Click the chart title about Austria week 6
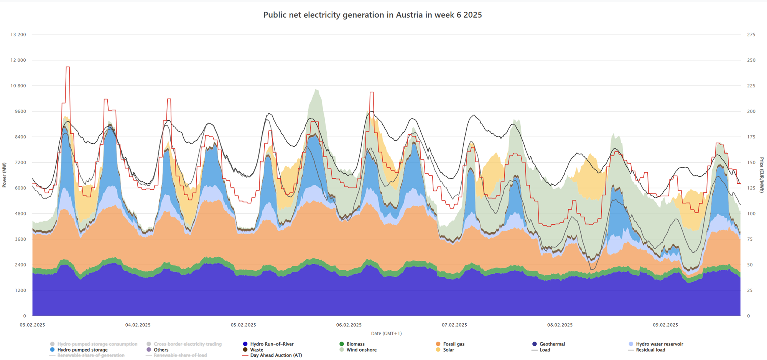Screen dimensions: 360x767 pyautogui.click(x=372, y=15)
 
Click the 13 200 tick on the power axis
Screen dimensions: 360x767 pyautogui.click(x=18, y=35)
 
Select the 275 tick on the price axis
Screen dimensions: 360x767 pyautogui.click(x=751, y=35)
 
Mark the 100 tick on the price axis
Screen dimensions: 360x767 pyautogui.click(x=751, y=214)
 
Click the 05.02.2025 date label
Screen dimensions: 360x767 pyautogui.click(x=243, y=325)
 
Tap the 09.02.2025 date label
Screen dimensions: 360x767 pyautogui.click(x=665, y=325)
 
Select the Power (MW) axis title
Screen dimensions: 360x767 pyautogui.click(x=5, y=175)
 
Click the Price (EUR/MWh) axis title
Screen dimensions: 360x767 pyautogui.click(x=762, y=175)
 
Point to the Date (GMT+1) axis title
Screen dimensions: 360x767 pyautogui.click(x=386, y=334)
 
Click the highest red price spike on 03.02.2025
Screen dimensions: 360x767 pyautogui.click(x=67, y=67)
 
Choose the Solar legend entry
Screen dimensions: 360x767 pyautogui.click(x=448, y=350)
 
